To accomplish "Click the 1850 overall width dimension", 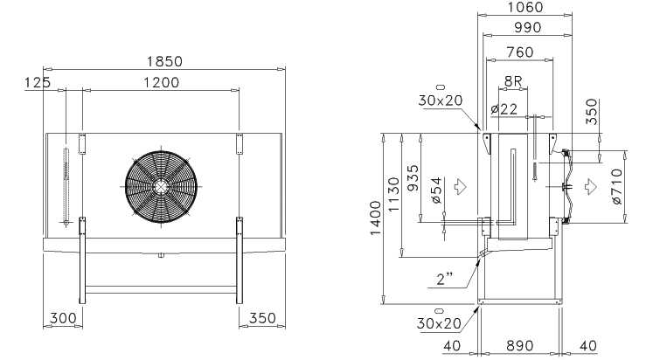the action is click(x=164, y=61).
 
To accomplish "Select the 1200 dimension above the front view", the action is click(x=162, y=83).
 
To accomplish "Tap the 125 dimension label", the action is click(x=38, y=83).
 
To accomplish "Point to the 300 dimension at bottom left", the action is click(x=63, y=318).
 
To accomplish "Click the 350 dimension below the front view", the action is click(x=262, y=318).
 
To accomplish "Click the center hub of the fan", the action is click(x=161, y=187).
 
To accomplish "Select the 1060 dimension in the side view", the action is click(x=525, y=7).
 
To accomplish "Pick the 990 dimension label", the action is click(x=528, y=27).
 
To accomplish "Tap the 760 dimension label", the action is click(x=520, y=52).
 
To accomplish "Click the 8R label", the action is click(x=512, y=81).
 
